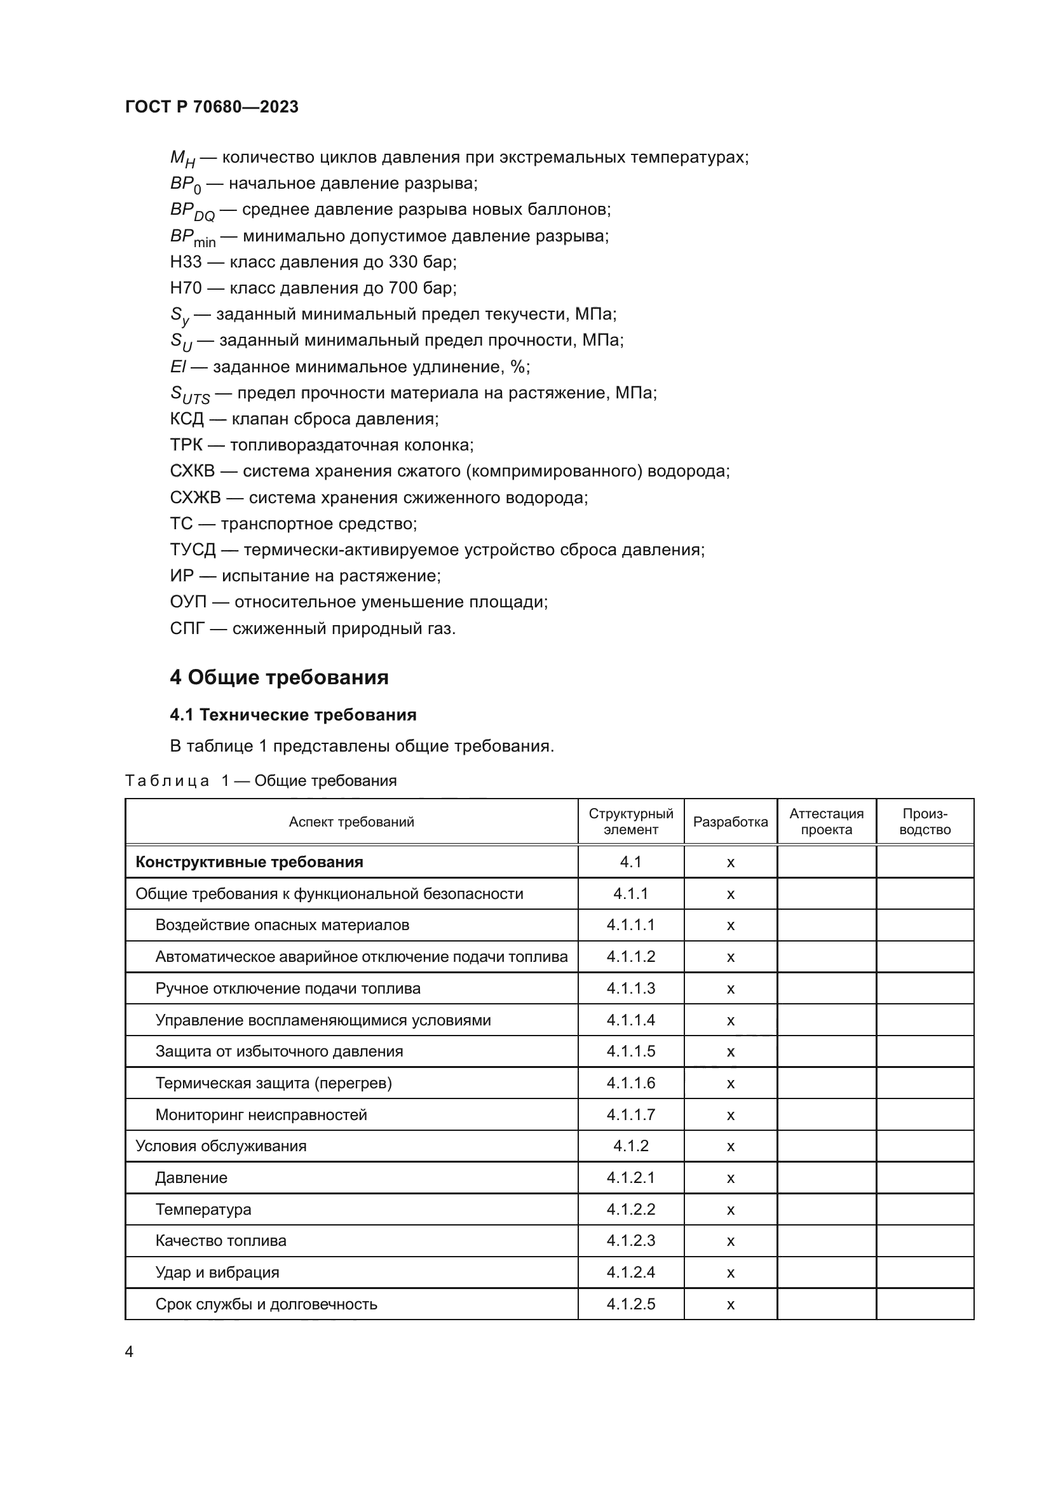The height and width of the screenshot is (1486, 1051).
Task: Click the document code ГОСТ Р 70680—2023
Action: point(212,107)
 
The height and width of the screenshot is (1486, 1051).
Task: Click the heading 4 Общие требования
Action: point(279,677)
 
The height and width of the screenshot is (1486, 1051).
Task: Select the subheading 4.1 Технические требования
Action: point(292,715)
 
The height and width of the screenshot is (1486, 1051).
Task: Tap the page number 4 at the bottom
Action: point(129,1351)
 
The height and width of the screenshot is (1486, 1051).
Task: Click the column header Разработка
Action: point(730,822)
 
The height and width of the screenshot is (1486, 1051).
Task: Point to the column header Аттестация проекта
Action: point(826,822)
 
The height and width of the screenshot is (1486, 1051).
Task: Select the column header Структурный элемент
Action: point(630,822)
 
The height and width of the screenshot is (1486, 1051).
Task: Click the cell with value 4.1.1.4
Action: point(630,1020)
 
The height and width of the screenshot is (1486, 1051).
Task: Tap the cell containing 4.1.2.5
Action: point(630,1304)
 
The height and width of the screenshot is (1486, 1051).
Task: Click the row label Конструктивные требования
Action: point(249,862)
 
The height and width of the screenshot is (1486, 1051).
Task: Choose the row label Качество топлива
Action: point(220,1241)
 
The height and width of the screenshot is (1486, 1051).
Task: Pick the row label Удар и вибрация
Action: point(217,1273)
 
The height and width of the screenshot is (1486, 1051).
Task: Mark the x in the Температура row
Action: point(730,1210)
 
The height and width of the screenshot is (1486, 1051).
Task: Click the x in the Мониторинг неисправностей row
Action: point(730,1115)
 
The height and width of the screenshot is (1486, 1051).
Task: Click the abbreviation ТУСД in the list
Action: point(192,550)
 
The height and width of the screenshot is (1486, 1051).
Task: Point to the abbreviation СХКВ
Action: point(192,471)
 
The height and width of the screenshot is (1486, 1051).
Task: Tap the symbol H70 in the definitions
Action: point(186,288)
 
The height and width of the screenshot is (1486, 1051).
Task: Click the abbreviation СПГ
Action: point(187,628)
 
